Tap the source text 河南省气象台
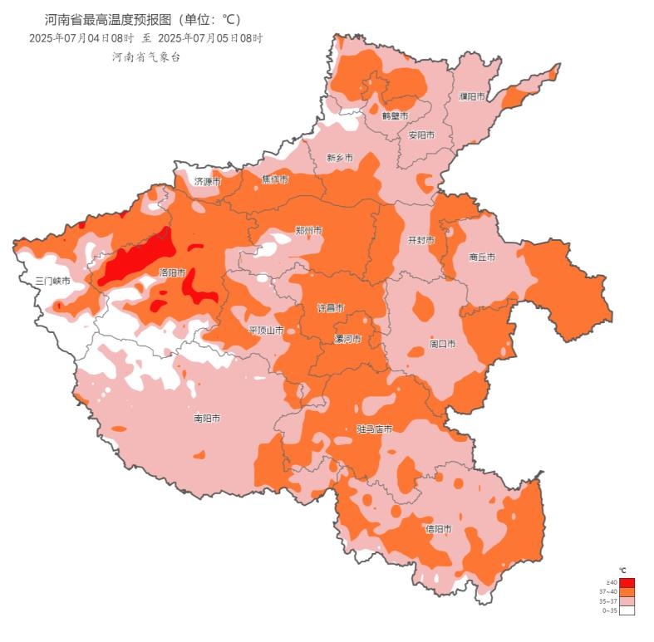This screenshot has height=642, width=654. [x=146, y=56]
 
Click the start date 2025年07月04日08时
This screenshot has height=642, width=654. [x=81, y=38]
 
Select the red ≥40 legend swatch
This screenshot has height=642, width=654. [x=627, y=582]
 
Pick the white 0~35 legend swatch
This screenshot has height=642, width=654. [x=627, y=610]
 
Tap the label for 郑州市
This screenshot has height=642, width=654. [x=308, y=230]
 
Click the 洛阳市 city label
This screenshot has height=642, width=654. [x=172, y=272]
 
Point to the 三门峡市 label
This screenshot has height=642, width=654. [x=52, y=281]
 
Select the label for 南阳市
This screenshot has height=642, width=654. [x=207, y=419]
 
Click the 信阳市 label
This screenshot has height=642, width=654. [x=438, y=529]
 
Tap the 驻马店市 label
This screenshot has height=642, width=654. [x=374, y=429]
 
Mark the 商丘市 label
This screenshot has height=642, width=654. [x=482, y=257]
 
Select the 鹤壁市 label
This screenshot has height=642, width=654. [x=396, y=115]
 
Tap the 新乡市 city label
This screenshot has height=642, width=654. [x=340, y=157]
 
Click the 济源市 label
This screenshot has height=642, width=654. [x=208, y=180]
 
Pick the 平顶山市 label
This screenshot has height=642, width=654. [x=267, y=331]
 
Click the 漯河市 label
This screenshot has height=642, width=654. [x=347, y=339]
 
